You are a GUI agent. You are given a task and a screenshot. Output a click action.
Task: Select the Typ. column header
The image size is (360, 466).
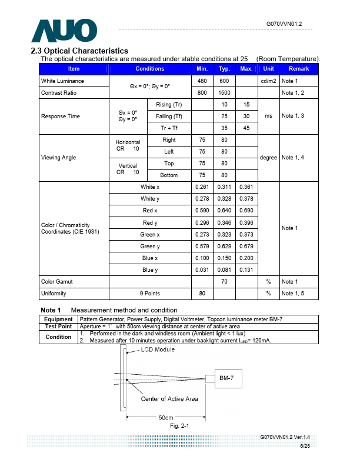[224, 69]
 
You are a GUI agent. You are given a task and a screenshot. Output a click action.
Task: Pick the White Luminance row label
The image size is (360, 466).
[62, 81]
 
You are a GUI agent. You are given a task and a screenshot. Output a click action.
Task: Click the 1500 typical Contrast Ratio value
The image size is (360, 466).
[224, 93]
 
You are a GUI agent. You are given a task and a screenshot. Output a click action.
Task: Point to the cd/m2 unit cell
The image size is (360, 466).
[268, 81]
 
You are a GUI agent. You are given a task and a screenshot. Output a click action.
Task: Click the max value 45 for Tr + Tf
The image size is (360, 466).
[246, 128]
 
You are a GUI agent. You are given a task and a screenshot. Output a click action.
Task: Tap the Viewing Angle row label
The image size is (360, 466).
[59, 158]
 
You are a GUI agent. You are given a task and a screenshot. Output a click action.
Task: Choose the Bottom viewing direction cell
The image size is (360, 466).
[169, 175]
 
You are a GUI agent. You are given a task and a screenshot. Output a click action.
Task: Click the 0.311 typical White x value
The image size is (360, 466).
[224, 187]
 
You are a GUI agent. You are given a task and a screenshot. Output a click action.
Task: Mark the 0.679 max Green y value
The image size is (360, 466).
[246, 247]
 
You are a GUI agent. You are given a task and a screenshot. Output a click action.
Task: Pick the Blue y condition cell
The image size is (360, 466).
[150, 270]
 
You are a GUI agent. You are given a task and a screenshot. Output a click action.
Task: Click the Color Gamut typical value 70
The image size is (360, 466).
[224, 282]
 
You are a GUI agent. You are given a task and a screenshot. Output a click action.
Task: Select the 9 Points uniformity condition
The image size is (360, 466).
[150, 294]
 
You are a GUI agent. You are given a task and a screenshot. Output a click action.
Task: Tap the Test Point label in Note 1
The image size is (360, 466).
[59, 327]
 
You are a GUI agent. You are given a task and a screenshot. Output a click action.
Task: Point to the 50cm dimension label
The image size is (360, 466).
[166, 418]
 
